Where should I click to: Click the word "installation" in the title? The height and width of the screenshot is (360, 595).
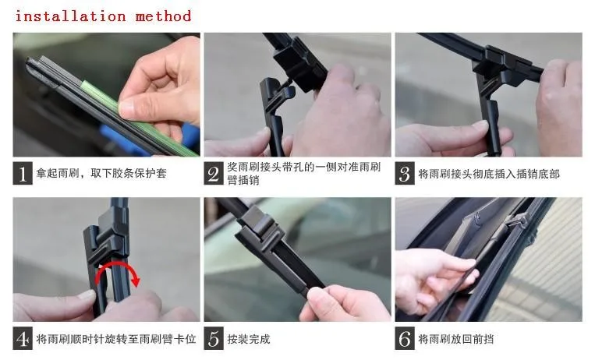71,16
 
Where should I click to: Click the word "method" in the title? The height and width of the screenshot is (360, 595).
163,16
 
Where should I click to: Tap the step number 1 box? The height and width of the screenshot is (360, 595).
23,173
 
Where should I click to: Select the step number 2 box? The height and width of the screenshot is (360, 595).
214,173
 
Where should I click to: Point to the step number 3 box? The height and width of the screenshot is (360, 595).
405,173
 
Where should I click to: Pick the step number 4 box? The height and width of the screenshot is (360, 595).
23,338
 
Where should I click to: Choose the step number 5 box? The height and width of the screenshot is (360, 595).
214,338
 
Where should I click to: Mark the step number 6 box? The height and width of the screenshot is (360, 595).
405,338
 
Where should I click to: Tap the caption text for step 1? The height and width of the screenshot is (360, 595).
101,174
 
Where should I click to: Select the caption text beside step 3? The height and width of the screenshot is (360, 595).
489,174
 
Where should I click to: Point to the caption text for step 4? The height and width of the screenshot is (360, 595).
116,339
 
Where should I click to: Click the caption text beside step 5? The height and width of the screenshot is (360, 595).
249,339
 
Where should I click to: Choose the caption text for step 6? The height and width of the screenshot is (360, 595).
455,339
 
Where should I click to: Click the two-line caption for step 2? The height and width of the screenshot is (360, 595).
303,173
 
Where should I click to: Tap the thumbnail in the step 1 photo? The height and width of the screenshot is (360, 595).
127,108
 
